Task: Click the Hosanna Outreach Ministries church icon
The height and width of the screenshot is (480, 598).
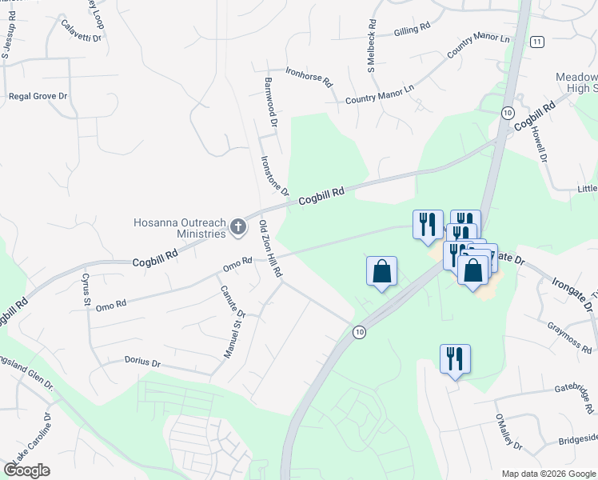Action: [x=237, y=228]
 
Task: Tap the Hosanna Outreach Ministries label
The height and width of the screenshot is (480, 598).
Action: [x=181, y=227]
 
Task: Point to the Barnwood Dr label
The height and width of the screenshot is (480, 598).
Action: [x=269, y=102]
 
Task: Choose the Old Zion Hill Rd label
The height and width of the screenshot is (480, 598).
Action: [x=270, y=251]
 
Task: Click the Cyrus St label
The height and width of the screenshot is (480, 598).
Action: [x=86, y=285]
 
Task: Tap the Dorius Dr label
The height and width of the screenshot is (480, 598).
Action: [x=143, y=362]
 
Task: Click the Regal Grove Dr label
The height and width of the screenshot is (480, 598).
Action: [x=38, y=96]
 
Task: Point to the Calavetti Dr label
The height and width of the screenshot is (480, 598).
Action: [x=82, y=30]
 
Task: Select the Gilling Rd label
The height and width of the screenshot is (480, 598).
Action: [x=413, y=30]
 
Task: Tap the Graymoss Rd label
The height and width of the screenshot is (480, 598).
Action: [x=570, y=337]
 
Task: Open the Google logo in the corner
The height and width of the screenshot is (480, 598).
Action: [x=27, y=470]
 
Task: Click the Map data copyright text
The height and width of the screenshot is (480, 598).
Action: [x=548, y=473]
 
